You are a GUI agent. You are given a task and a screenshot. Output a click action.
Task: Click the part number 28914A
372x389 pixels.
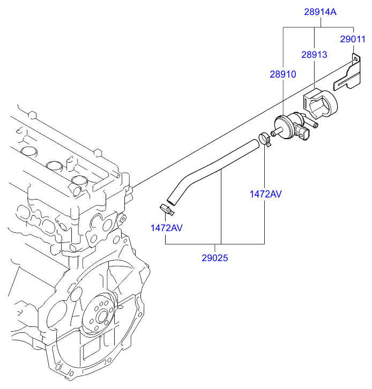tap(320, 12)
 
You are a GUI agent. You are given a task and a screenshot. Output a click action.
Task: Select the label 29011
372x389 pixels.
tap(353, 39)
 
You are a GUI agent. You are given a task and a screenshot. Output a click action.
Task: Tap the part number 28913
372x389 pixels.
tap(314, 55)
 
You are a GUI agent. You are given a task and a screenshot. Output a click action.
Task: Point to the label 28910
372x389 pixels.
tap(283, 74)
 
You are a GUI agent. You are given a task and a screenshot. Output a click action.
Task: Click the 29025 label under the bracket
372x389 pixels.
tap(215, 258)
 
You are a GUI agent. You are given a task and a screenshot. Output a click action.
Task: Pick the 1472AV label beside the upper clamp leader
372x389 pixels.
tap(266, 194)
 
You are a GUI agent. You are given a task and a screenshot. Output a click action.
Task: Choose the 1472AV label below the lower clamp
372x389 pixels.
tap(167, 228)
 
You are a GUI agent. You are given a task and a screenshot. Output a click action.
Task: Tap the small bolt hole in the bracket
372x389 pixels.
tap(355, 59)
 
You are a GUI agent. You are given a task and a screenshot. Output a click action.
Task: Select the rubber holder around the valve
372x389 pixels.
tap(320, 104)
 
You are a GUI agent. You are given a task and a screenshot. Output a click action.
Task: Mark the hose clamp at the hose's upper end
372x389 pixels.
tap(264, 140)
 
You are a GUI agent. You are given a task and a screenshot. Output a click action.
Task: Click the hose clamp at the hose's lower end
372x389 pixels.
tap(167, 209)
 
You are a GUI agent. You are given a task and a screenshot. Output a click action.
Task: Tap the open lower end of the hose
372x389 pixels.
tap(170, 202)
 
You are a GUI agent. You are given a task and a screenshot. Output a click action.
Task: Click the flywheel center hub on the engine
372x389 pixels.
tap(102, 317)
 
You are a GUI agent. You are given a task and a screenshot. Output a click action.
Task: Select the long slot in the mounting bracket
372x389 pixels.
tap(347, 79)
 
